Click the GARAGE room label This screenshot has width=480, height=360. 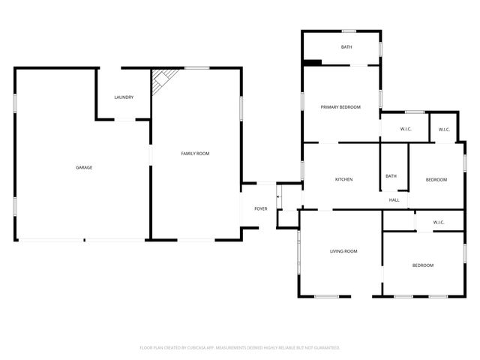[84, 167]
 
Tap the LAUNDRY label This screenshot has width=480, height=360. [124, 97]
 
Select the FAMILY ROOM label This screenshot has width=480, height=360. [195, 153]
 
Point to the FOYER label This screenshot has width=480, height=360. [260, 208]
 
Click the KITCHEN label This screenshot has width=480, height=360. [343, 179]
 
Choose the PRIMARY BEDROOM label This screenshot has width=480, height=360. [340, 107]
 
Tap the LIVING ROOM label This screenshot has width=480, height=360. [343, 251]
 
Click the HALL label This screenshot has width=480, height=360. [394, 200]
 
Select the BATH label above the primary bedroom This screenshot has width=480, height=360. [346, 47]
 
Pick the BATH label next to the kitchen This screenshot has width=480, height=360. [391, 176]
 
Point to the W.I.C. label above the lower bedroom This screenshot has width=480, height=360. [439, 222]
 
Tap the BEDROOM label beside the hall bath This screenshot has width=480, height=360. [436, 179]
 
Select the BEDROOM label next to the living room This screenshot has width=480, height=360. [422, 265]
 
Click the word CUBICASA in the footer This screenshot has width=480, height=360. [196, 347]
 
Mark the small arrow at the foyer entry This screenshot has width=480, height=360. [278, 197]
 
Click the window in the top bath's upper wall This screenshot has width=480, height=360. [349, 31]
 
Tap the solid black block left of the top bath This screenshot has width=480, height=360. [312, 62]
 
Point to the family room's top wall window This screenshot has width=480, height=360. [196, 68]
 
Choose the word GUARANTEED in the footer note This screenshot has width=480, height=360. [326, 347]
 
